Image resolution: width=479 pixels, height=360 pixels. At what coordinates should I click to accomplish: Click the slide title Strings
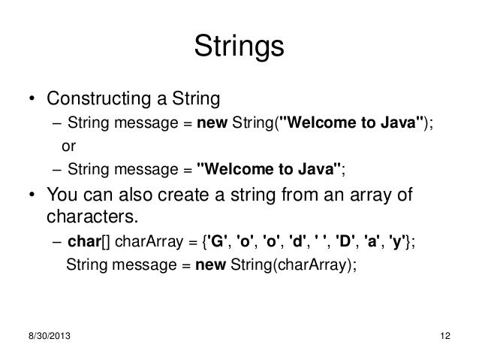coord(239,47)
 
